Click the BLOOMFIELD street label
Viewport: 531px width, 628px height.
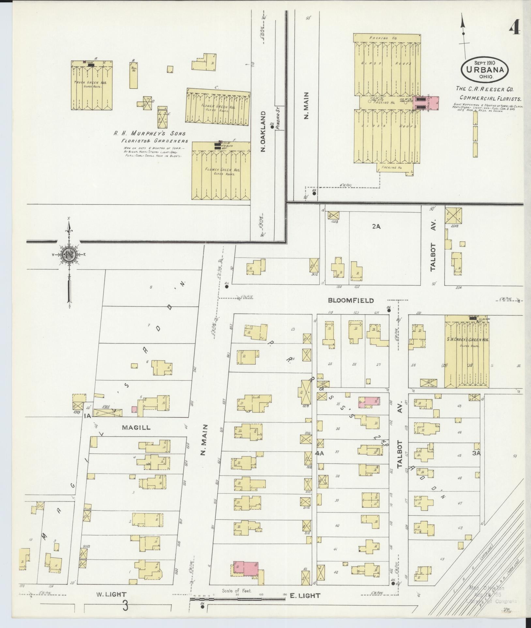pos(351,300)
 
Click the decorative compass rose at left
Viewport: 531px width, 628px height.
pos(69,255)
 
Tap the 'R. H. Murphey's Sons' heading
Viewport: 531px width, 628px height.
pos(149,134)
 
